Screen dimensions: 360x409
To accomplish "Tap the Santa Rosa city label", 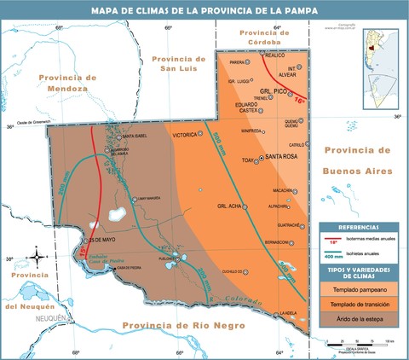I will click(280, 157).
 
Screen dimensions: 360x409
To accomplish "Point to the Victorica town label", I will click(184, 135).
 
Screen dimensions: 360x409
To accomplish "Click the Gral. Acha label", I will click(230, 206).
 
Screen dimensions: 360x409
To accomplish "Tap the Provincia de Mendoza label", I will click(64, 83).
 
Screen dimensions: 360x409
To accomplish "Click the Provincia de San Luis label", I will click(178, 63).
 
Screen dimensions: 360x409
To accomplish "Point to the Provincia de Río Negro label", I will click(182, 325).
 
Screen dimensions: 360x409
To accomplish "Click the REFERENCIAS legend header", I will click(358, 227).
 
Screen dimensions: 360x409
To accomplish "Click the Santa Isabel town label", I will click(136, 136).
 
